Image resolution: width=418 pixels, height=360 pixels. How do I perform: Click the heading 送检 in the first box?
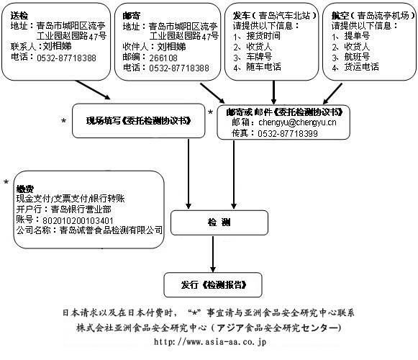19,15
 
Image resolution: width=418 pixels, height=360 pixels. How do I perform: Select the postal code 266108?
163,58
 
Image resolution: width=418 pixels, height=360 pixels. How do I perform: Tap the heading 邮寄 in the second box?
132,16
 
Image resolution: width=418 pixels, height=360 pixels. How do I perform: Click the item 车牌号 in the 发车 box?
259,57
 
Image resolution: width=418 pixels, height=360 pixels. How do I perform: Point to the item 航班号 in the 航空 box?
357,57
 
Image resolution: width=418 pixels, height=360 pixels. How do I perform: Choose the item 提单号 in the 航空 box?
357,36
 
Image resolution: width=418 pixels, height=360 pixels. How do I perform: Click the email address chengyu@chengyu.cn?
297,122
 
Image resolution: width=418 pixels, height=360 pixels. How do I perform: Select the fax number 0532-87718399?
288,133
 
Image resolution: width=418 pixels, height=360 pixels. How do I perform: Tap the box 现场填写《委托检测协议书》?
139,121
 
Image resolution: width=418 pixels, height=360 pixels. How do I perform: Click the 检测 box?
219,222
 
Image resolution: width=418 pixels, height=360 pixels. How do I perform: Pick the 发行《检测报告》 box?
213,284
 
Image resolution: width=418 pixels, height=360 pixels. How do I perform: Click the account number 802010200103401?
78,220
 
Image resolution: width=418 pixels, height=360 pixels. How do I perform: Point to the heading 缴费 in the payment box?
25,189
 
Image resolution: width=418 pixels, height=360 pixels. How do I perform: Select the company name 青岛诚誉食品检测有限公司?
111,230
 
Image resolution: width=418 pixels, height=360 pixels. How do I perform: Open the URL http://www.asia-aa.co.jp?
210,342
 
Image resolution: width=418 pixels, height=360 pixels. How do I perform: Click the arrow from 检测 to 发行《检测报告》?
213,254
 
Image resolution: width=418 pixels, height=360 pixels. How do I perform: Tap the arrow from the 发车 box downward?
273,92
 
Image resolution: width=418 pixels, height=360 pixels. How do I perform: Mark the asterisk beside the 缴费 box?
6,183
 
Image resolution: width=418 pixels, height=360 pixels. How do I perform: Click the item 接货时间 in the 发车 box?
263,36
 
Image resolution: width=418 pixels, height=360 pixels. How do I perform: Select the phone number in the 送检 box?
66,58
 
